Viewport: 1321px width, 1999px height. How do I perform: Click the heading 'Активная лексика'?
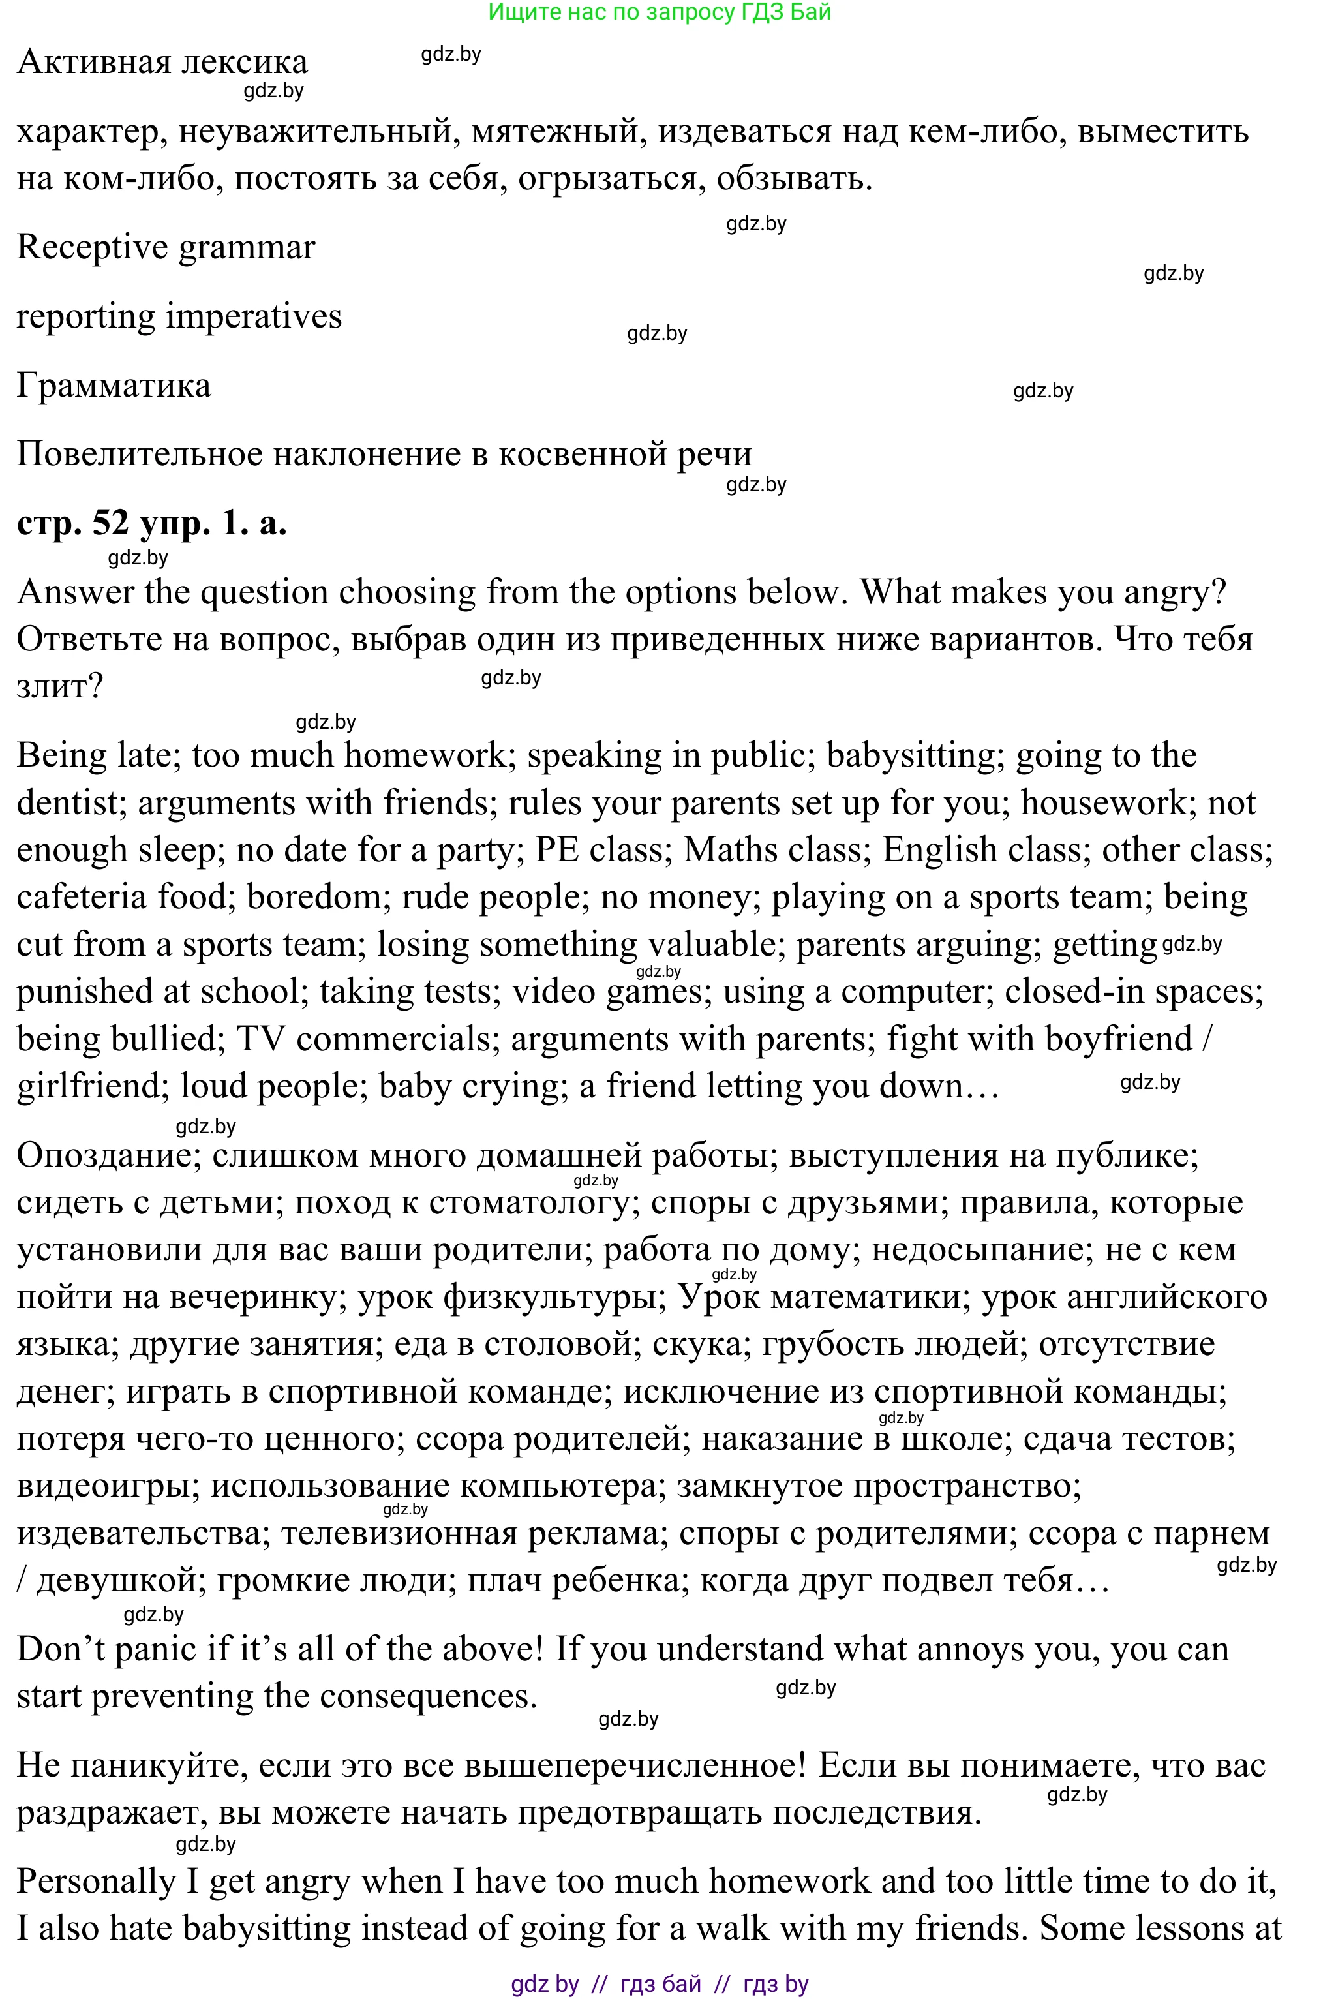click(x=162, y=63)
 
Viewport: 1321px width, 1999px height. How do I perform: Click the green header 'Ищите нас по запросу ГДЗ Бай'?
click(x=660, y=12)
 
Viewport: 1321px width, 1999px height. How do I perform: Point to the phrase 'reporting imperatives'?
click(x=179, y=316)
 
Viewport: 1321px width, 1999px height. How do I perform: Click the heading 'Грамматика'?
click(x=114, y=386)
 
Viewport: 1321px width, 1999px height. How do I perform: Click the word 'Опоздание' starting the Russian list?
click(x=108, y=1156)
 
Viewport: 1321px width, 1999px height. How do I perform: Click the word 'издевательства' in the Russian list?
click(x=139, y=1533)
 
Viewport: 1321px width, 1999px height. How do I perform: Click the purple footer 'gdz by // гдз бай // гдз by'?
click(x=660, y=1984)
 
